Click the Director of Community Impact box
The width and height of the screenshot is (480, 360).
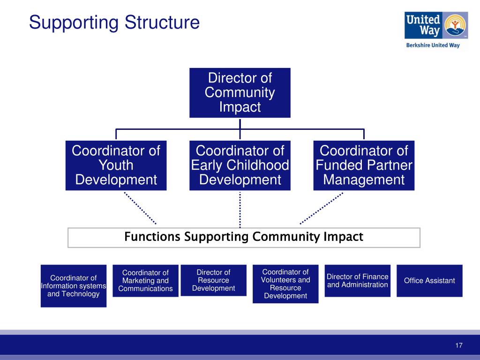[x=240, y=92]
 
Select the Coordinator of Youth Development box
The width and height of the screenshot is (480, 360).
[x=116, y=165]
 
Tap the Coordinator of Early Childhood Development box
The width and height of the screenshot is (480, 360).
[x=240, y=165]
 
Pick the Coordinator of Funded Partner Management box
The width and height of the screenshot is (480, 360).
[x=364, y=165]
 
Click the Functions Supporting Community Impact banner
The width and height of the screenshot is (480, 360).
[x=244, y=237]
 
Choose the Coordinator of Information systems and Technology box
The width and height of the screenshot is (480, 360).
[x=74, y=286]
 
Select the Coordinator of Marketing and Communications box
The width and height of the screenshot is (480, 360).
[x=145, y=281]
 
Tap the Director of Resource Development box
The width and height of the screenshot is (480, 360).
[x=213, y=280]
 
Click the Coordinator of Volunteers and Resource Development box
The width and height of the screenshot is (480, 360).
[x=285, y=284]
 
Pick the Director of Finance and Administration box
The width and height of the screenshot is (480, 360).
[x=357, y=281]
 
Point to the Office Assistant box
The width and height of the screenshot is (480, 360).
[x=429, y=281]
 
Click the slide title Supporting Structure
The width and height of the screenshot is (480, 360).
[x=114, y=22]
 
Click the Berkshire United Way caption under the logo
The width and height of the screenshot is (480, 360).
[x=433, y=45]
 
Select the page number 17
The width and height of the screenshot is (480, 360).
[x=458, y=346]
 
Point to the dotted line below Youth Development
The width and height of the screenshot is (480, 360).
[x=140, y=208]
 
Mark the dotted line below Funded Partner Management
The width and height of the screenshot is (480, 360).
[x=322, y=208]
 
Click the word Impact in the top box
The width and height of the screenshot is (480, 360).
[x=240, y=107]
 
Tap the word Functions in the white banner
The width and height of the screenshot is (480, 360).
[x=152, y=237]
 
